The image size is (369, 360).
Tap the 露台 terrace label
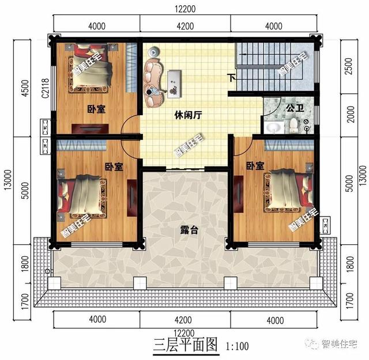(190, 229)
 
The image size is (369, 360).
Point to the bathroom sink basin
(273, 126)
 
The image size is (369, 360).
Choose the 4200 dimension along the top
(184, 25)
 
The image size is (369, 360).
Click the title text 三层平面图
(185, 345)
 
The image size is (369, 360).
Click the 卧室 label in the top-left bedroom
(96, 109)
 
